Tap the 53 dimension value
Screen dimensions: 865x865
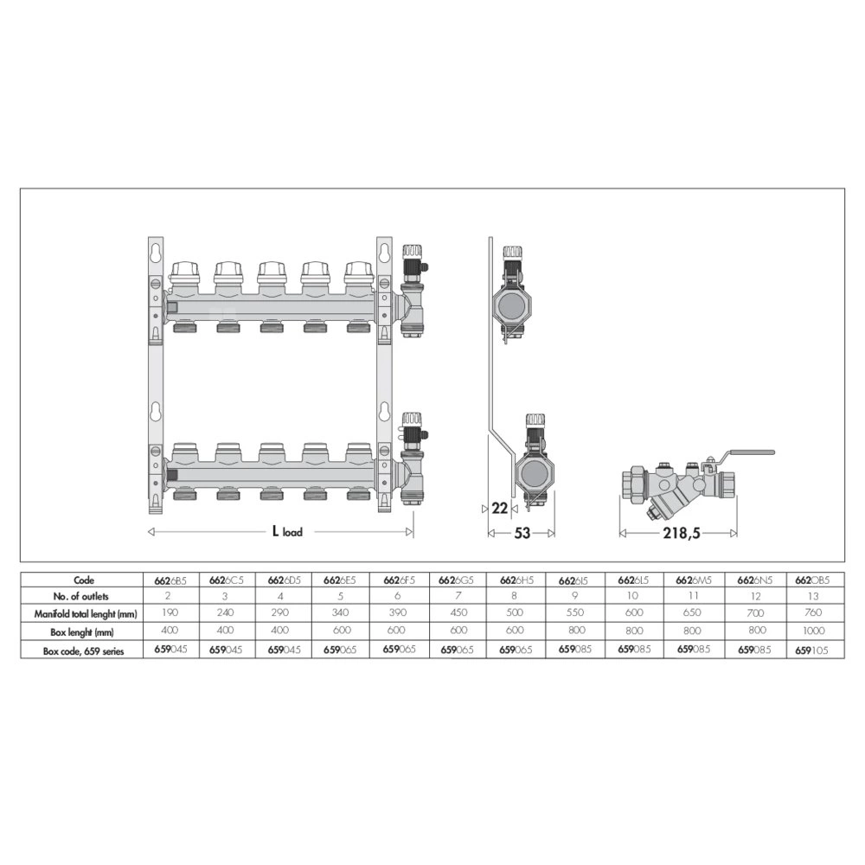coord(522,533)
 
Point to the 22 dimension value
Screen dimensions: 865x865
coord(499,508)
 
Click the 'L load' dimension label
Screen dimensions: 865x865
coord(287,532)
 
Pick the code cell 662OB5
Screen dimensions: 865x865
coord(812,580)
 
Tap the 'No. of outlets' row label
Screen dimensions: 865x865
coord(81,596)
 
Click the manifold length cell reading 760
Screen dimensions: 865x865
coord(813,612)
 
